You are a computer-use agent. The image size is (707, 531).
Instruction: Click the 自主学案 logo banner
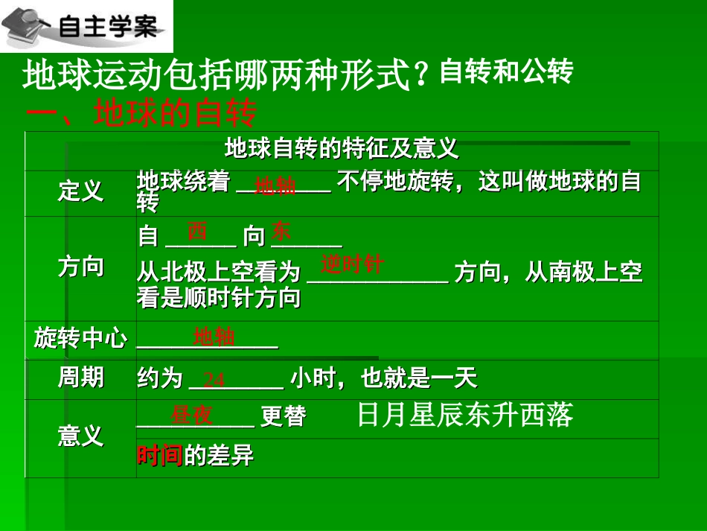(x=86, y=27)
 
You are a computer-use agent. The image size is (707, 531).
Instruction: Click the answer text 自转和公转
(x=506, y=72)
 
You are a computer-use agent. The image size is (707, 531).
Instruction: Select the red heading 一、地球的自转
(x=141, y=114)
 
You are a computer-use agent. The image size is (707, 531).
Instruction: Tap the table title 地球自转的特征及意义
(x=342, y=149)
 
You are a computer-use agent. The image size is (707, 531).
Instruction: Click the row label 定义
(x=81, y=192)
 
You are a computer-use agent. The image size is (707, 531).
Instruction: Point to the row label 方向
(x=81, y=267)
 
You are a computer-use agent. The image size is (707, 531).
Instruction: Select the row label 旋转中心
(x=81, y=339)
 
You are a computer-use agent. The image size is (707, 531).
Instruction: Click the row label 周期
(x=81, y=378)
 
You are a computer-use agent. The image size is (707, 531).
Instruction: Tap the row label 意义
(x=81, y=436)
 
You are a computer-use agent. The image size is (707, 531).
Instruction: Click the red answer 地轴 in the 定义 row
(x=275, y=186)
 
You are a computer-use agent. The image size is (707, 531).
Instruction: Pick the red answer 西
(x=197, y=231)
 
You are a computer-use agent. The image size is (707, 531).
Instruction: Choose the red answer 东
(x=282, y=229)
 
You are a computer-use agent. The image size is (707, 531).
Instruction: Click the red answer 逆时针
(x=353, y=264)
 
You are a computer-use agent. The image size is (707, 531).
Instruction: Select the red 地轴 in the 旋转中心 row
(x=214, y=337)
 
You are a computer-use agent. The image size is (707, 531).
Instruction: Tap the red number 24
(x=214, y=380)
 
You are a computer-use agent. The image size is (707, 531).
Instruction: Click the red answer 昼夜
(x=192, y=416)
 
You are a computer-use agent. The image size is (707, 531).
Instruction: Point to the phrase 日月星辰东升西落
(x=465, y=416)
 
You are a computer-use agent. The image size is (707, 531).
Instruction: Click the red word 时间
(x=159, y=456)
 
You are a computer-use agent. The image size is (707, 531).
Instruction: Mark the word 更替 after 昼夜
(x=284, y=416)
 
